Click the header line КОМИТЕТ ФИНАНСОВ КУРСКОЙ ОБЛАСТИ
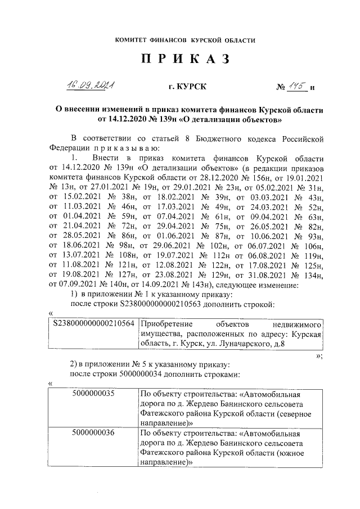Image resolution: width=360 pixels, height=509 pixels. [185, 40]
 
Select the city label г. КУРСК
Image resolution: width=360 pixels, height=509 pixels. [187, 87]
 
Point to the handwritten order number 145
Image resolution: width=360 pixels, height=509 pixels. [296, 86]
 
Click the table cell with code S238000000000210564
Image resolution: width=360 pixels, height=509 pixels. [93, 325]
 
